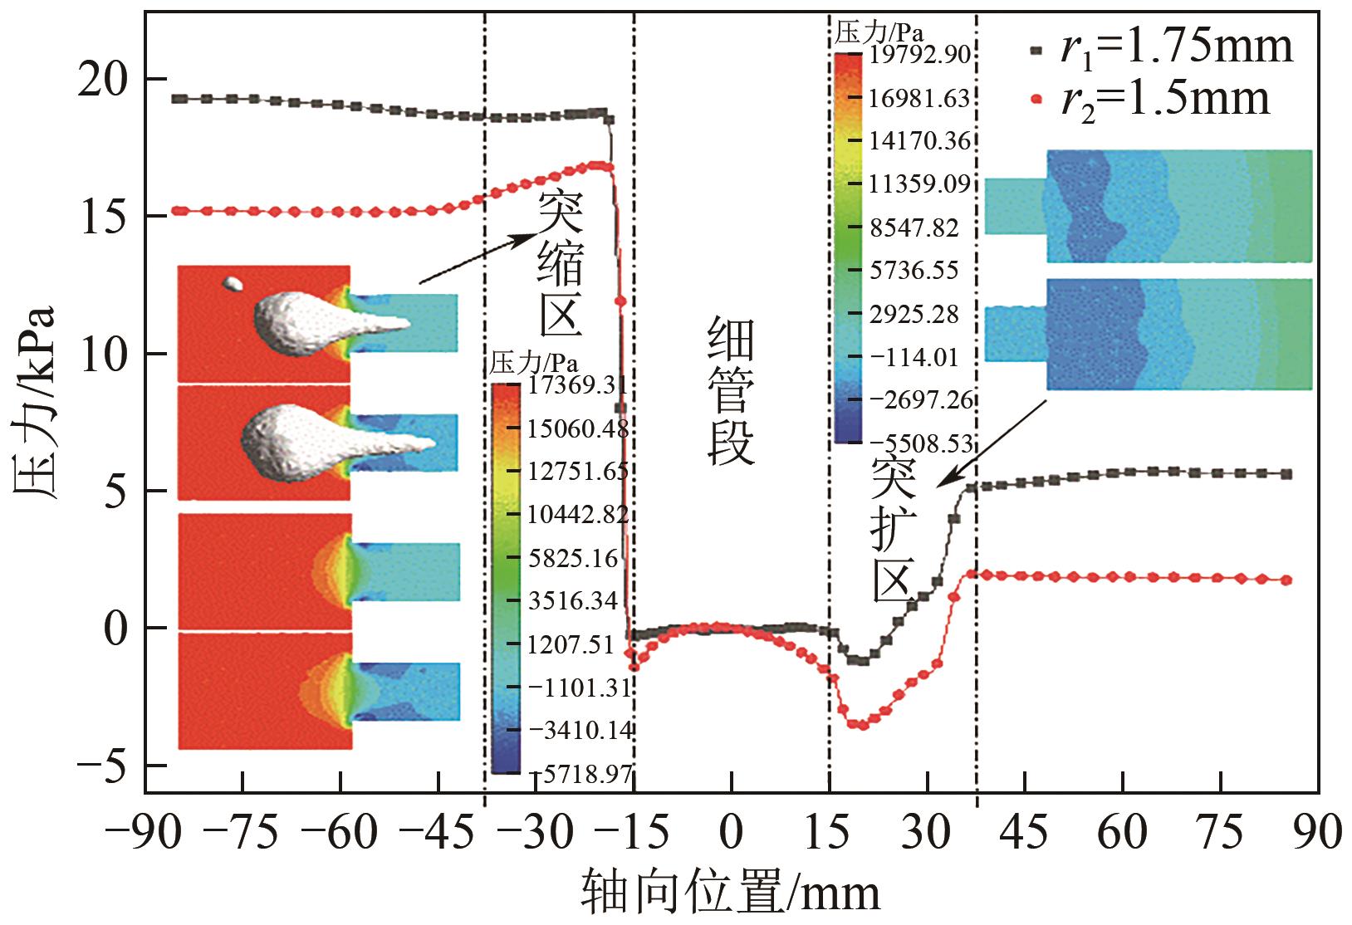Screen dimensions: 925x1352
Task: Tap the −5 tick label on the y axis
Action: (105, 766)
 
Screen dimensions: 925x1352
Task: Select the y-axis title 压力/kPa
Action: (35, 402)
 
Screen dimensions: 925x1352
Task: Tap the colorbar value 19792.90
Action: (920, 55)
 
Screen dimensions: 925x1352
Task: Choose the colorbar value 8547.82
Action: (914, 228)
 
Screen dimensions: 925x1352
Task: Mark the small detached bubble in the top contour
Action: (233, 284)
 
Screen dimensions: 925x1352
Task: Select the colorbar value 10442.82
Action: (578, 515)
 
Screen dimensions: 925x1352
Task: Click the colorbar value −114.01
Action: (914, 358)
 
